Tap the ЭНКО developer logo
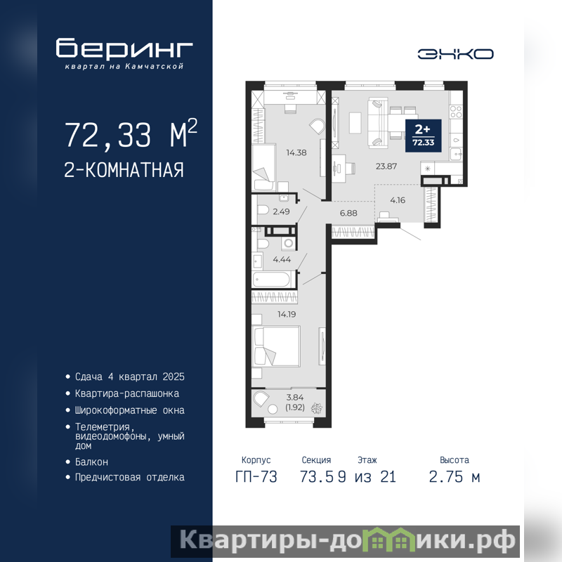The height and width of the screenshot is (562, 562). point(455,54)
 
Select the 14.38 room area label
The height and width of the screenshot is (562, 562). point(296,152)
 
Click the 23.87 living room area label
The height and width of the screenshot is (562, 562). point(386,166)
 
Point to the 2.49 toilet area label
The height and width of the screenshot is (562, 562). point(282,211)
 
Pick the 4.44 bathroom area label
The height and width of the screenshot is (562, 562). point(282,259)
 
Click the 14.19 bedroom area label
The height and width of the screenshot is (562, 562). point(287,314)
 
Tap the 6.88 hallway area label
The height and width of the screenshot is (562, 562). point(348,214)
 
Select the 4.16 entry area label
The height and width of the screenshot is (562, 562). point(398,200)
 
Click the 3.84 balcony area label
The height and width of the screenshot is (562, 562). point(295,398)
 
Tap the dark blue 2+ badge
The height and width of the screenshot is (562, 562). point(424,136)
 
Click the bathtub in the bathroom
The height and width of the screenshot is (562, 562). point(271,280)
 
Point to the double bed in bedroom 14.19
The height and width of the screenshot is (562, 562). point(276,346)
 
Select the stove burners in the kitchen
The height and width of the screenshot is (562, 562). point(456,112)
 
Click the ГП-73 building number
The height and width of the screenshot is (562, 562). point(256,477)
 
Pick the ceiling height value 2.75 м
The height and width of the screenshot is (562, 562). point(455,477)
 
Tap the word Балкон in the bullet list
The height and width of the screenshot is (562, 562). point(91,462)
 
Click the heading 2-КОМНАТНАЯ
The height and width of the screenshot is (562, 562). point(124,170)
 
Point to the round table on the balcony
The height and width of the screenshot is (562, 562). point(273,410)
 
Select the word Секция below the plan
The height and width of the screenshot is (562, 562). point(316,460)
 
